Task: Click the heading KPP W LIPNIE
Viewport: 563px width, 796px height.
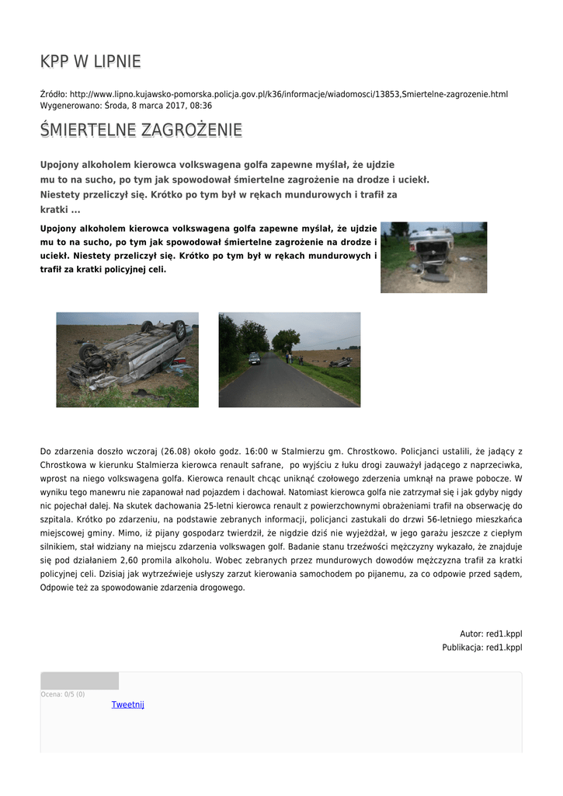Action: click(x=91, y=61)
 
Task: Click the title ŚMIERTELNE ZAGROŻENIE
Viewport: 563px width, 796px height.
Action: click(x=141, y=130)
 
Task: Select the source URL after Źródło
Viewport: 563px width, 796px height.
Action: click(x=288, y=94)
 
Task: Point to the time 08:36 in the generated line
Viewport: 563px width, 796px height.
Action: click(x=201, y=105)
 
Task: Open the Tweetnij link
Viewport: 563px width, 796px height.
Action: click(x=127, y=704)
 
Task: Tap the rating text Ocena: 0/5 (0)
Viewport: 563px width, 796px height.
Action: click(x=63, y=694)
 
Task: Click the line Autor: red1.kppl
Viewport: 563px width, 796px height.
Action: click(x=491, y=634)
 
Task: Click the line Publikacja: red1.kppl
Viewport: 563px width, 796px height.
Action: click(x=482, y=647)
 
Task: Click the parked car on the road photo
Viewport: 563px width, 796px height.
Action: click(x=254, y=358)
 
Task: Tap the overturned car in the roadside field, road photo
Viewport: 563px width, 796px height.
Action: click(x=339, y=362)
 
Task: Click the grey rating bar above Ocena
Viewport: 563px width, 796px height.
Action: click(x=79, y=681)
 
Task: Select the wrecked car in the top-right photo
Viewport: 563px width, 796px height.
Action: click(x=432, y=247)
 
